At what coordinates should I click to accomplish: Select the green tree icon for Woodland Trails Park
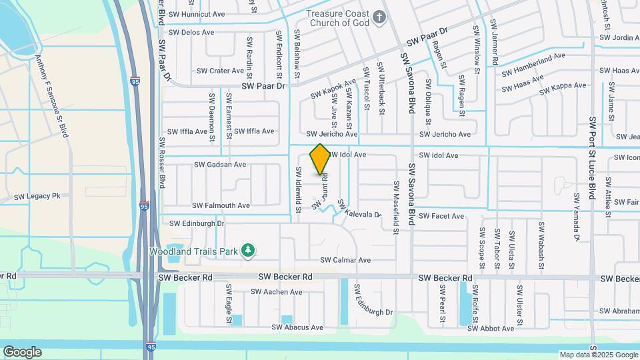coord(248,251)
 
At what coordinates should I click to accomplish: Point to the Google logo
coord(22,351)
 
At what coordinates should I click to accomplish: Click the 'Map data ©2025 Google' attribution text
coord(598,355)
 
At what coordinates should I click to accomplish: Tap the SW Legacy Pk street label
coord(37,196)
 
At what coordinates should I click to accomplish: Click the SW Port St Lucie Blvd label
coord(591,158)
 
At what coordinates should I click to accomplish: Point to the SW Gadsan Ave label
coord(220,164)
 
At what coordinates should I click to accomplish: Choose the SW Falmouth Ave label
coord(221,205)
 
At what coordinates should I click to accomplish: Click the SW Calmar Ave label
coord(345,260)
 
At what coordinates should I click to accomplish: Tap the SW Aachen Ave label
coord(277,292)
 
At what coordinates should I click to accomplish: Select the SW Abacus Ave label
coord(297,327)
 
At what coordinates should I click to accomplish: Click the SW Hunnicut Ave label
coord(197,13)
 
